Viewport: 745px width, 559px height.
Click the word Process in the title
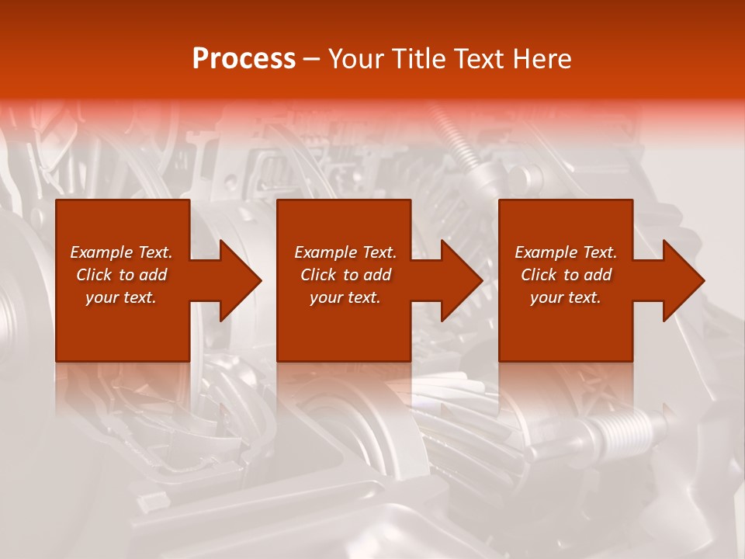(x=244, y=59)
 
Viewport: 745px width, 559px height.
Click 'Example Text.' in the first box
(x=121, y=252)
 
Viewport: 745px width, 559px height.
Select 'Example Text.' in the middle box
(x=345, y=252)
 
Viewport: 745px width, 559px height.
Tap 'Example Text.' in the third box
(x=566, y=252)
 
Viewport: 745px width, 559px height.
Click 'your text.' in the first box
(x=121, y=297)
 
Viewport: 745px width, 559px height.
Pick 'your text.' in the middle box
(x=345, y=297)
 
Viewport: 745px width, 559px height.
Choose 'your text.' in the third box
(x=566, y=297)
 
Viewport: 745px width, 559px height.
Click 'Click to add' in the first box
(x=121, y=275)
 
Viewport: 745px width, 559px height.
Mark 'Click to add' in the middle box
(x=345, y=275)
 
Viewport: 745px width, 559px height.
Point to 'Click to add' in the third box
(x=566, y=275)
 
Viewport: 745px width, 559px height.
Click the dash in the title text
(x=311, y=60)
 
